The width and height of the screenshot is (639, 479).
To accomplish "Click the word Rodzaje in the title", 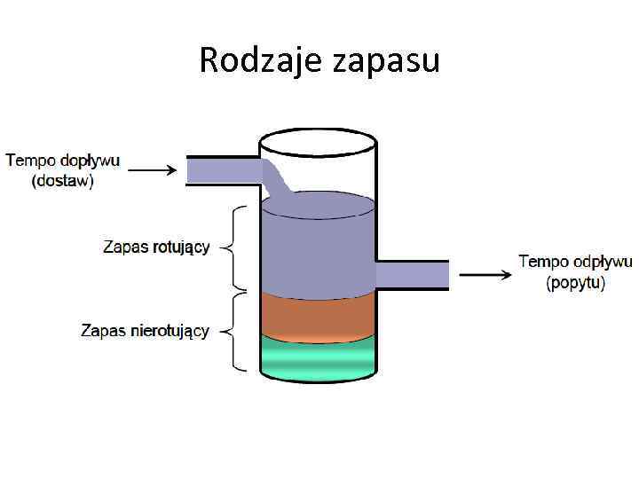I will [x=251, y=60].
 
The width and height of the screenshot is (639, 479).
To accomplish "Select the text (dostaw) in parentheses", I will [x=63, y=181].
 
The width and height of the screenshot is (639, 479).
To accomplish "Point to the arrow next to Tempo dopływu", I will [x=159, y=169].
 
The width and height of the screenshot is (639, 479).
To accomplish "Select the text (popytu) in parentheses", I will [x=576, y=283].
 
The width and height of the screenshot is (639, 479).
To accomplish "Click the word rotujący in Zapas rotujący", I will [x=180, y=247].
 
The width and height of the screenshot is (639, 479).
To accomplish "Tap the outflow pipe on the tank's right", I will [x=412, y=274].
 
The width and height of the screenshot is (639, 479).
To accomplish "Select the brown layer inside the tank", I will [x=317, y=316].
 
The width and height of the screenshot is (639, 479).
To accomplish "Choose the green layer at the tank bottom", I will [x=317, y=359].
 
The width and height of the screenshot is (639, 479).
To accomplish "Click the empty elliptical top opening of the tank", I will [x=317, y=143].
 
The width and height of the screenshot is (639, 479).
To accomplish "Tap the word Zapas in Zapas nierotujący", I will [x=100, y=331].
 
